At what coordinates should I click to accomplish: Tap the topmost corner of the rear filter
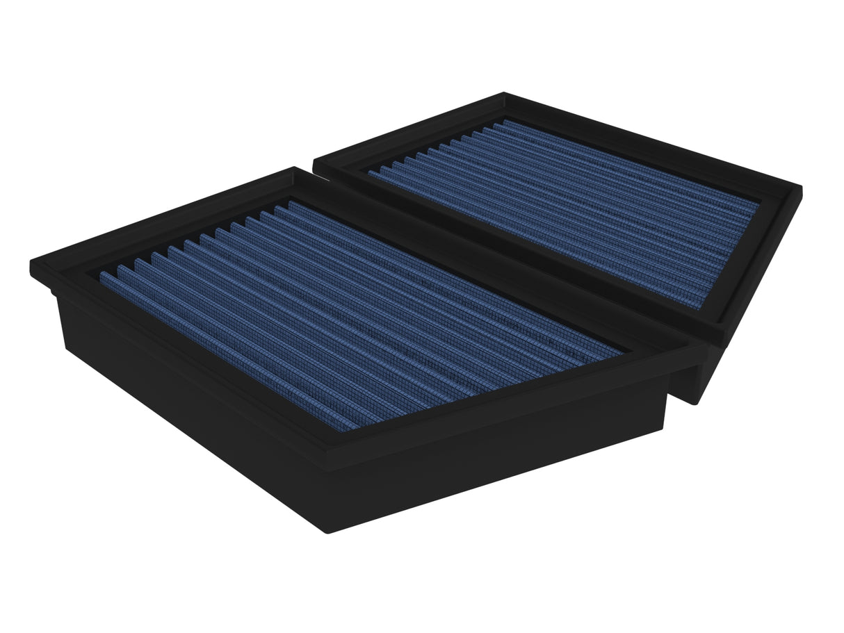click(504, 94)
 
